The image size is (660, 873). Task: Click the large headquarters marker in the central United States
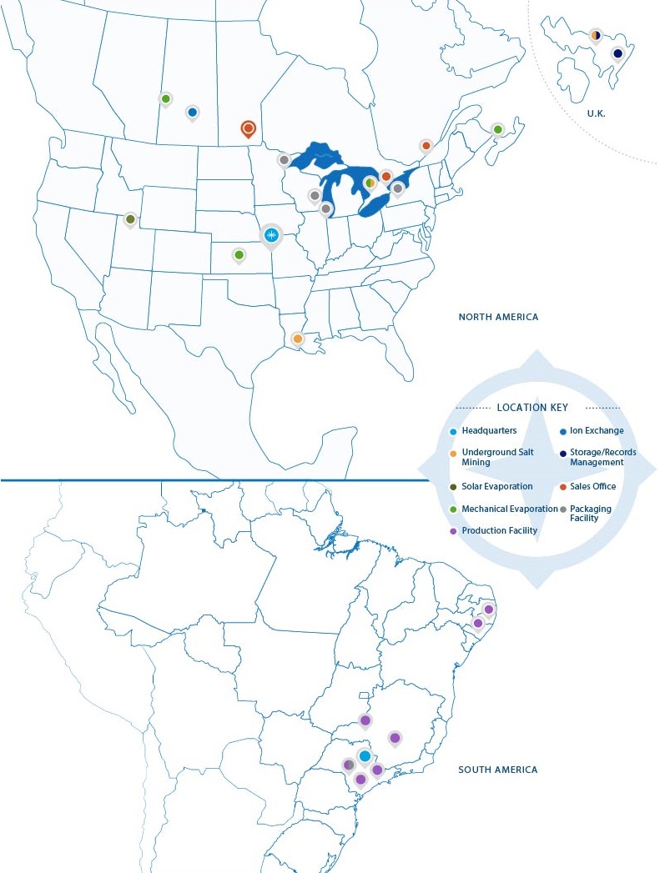[x=270, y=235]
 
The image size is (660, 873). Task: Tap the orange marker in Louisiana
[x=298, y=339]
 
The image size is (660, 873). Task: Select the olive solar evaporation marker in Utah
[x=130, y=219]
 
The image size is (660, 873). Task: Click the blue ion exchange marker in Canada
[x=192, y=112]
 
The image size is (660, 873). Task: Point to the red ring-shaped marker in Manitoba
[x=248, y=128]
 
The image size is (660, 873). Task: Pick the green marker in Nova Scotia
[x=497, y=129]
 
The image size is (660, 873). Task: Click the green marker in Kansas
[x=239, y=254]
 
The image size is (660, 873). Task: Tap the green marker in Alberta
[x=165, y=98]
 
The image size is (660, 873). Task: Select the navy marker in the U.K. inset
[x=617, y=54]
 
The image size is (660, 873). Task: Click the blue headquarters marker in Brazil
[x=365, y=755]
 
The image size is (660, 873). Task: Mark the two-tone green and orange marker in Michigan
[x=370, y=183]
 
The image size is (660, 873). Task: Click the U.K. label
[x=596, y=113]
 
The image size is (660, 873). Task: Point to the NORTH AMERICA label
[x=498, y=317]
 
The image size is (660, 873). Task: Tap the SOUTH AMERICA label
[x=498, y=770]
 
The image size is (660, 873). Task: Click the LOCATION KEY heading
[x=532, y=408]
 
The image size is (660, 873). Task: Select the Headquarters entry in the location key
[x=488, y=431]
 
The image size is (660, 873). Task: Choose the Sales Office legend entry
[x=592, y=486]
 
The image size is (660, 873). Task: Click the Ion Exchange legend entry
[x=596, y=431]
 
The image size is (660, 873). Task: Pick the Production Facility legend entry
[x=499, y=531]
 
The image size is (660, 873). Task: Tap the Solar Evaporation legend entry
[x=497, y=486]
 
